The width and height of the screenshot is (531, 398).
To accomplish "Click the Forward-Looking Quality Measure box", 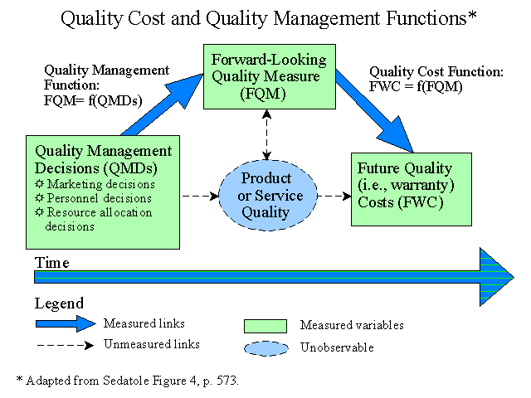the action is [269, 76].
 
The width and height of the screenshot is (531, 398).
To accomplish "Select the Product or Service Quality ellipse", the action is [268, 196].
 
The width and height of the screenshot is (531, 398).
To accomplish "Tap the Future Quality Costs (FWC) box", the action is [412, 189].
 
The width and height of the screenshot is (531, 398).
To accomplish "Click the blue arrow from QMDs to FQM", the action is [163, 105].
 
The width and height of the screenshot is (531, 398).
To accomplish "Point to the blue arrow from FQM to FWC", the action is [374, 111].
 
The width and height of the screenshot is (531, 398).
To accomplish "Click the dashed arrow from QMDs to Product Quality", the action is [200, 196].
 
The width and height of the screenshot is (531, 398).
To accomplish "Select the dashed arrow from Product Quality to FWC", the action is [334, 196].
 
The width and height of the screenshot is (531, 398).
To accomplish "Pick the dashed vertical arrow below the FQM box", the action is [267, 134].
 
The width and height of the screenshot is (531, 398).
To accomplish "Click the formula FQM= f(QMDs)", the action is [93, 100].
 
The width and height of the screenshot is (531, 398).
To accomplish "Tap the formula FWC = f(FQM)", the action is [416, 86].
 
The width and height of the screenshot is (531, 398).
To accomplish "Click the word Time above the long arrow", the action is [51, 263].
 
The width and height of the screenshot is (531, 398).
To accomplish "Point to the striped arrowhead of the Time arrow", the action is [496, 277].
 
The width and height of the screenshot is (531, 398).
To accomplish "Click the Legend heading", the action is [59, 303].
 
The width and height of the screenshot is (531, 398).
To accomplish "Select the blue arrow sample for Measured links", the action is [66, 324].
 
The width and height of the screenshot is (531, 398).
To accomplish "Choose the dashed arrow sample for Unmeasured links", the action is [66, 345].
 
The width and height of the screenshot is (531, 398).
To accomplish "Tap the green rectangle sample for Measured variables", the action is [265, 326].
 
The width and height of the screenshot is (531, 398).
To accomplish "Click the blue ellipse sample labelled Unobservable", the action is [266, 348].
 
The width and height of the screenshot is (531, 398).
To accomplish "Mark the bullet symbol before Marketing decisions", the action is [40, 184].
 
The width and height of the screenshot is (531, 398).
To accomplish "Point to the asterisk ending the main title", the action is [472, 15].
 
